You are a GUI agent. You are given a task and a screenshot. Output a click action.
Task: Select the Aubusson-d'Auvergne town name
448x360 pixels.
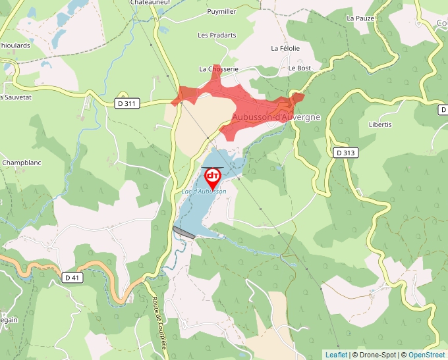(x=276, y=117)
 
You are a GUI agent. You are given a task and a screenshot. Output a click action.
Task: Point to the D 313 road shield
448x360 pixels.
(x=345, y=153)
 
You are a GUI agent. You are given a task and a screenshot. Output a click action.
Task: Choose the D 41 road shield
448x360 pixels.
(x=72, y=278)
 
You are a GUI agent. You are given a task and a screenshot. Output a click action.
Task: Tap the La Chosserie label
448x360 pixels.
(x=219, y=68)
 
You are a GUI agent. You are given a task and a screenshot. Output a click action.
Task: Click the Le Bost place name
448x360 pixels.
(x=299, y=68)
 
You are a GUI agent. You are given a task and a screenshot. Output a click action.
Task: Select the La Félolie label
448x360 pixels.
(x=285, y=48)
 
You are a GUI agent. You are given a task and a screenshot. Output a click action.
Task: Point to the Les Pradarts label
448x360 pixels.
(x=217, y=35)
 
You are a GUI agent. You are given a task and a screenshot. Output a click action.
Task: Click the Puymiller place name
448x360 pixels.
(x=221, y=12)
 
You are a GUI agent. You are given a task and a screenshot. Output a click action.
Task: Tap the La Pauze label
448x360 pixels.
(x=360, y=18)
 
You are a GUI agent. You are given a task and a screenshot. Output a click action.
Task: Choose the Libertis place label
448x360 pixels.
(x=380, y=124)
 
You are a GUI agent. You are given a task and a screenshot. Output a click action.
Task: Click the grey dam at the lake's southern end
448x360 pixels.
(x=184, y=232)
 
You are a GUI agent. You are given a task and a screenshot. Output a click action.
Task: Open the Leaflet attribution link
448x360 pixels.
(x=336, y=355)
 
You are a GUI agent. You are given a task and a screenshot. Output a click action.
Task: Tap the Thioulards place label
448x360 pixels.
(x=14, y=45)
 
